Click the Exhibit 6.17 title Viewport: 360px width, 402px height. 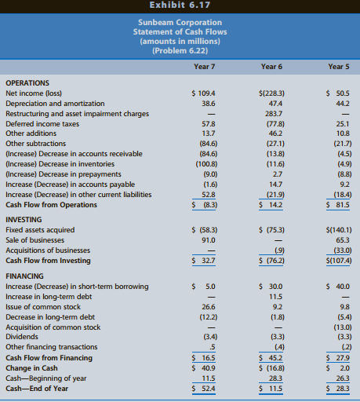click(x=180, y=5)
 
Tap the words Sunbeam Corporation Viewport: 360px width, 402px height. click(x=180, y=23)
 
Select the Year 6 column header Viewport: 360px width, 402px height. click(x=271, y=67)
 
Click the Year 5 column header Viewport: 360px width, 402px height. click(x=339, y=67)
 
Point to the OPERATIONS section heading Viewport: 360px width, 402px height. click(x=27, y=83)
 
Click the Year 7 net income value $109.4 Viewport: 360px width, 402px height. click(x=203, y=93)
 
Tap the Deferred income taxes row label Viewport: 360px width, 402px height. click(x=42, y=124)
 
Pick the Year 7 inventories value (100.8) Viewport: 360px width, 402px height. click(x=206, y=164)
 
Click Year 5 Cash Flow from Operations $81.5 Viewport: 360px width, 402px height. click(x=338, y=205)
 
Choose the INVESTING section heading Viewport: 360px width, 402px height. click(x=24, y=220)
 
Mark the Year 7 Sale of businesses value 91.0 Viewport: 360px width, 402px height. click(x=209, y=240)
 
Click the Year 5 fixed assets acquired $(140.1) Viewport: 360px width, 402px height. click(x=339, y=230)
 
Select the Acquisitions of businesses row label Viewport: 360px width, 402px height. click(x=48, y=250)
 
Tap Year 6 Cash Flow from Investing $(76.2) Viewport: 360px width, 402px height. click(x=271, y=261)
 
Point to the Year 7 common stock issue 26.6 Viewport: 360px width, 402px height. click(x=209, y=307)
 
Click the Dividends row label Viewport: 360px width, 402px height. click(x=22, y=337)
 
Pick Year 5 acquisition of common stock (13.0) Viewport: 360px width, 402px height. click(x=343, y=327)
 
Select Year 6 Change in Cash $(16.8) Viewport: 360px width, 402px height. click(x=271, y=368)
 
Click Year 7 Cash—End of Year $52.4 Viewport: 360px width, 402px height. click(x=203, y=389)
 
